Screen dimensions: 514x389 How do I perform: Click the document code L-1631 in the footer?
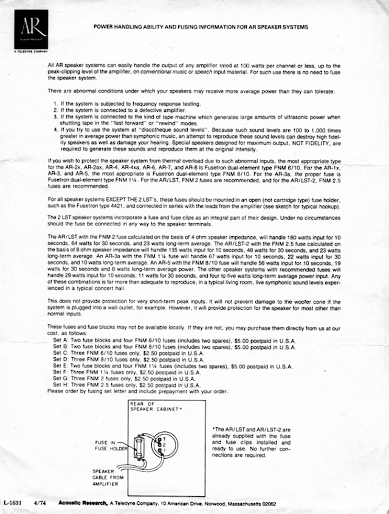(13, 503)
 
